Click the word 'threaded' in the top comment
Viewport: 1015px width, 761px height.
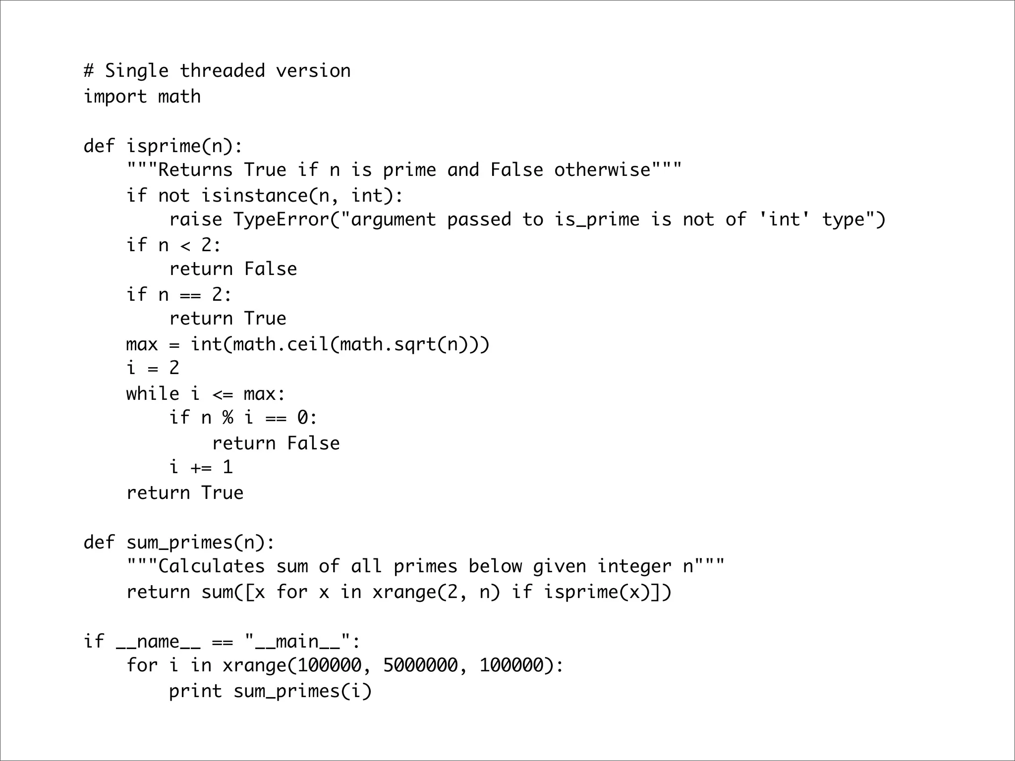222,71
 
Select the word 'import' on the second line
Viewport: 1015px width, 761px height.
115,97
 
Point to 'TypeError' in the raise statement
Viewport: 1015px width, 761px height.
281,219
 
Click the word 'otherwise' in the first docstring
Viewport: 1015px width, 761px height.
602,170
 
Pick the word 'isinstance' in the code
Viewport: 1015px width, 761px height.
254,196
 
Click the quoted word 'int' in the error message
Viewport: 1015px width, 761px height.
784,219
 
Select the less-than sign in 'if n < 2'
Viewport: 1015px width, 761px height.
185,245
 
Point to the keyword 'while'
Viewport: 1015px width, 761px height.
153,394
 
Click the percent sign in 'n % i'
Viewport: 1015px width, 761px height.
227,418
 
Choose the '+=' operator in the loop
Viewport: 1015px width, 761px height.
201,467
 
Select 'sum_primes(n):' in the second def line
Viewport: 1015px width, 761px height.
200,543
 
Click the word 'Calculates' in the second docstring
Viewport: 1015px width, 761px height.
211,566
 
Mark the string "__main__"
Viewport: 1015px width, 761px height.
297,642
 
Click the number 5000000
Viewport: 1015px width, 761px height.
420,665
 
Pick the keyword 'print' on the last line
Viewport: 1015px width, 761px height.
195,691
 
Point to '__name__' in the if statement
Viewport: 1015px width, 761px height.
158,642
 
